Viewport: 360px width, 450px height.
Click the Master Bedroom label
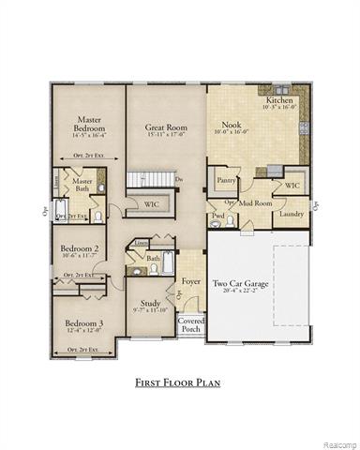(89, 125)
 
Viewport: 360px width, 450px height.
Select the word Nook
(231, 124)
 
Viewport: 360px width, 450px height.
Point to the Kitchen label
(279, 99)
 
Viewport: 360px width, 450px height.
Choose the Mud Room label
(254, 202)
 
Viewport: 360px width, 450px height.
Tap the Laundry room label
(292, 214)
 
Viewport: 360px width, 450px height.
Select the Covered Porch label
(190, 325)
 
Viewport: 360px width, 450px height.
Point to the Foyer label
(192, 279)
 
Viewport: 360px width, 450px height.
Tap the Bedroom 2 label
(80, 248)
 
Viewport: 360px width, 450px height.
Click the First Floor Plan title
(180, 383)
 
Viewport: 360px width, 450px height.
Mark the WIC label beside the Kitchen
(292, 186)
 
